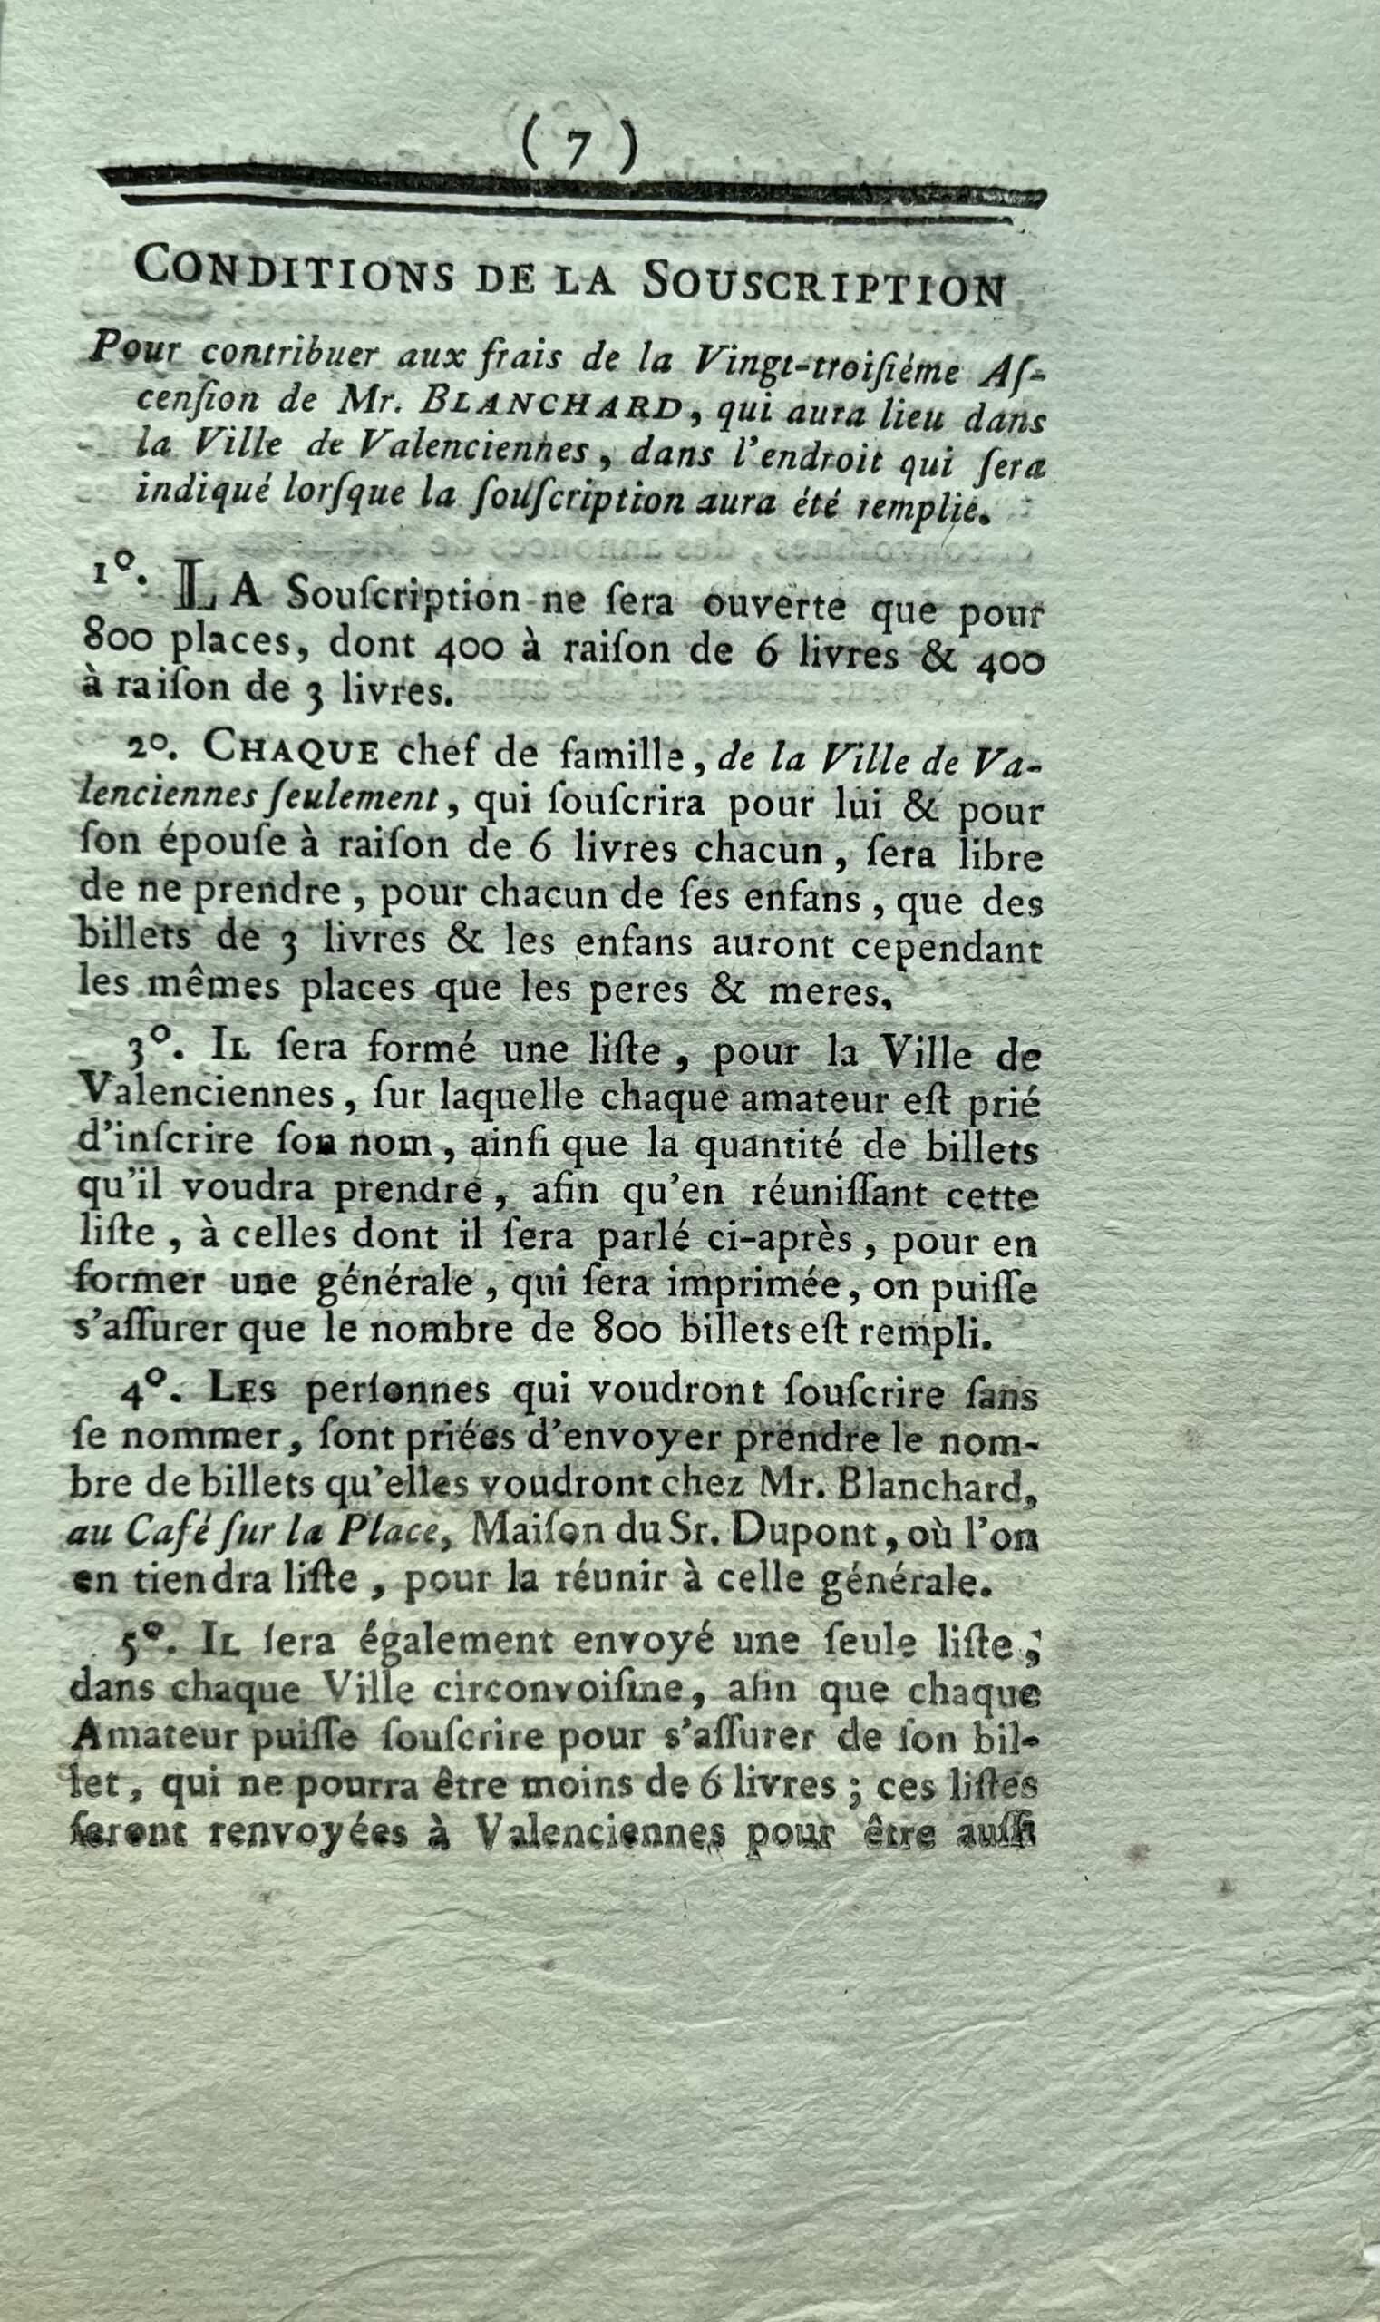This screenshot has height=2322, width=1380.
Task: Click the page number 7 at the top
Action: click(578, 146)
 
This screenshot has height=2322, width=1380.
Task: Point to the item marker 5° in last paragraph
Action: click(140, 1645)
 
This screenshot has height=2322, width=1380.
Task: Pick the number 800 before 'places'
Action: click(112, 641)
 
